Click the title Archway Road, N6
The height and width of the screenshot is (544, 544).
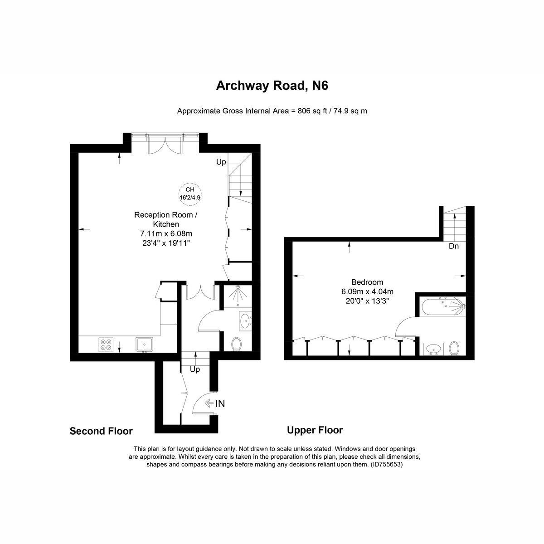[x=272, y=86]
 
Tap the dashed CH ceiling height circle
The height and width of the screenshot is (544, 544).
[x=190, y=194]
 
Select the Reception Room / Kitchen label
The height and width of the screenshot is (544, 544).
[x=166, y=219]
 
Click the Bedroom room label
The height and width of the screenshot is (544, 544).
[x=367, y=282]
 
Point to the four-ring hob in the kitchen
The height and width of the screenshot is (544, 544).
[x=107, y=345]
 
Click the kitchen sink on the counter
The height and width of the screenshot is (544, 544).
[x=145, y=345]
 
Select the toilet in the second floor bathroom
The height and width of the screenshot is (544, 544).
[x=236, y=344]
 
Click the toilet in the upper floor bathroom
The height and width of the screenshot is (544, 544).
[x=454, y=349]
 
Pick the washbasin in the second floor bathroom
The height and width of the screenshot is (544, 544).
[x=245, y=321]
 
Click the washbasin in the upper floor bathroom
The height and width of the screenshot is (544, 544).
[x=433, y=350]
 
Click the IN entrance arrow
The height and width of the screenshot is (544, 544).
[x=215, y=403]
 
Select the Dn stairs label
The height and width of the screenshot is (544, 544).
[x=454, y=246]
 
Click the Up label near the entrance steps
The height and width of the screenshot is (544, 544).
[x=195, y=369]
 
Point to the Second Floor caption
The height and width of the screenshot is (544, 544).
[x=101, y=431]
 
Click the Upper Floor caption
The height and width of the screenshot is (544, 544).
[x=315, y=430]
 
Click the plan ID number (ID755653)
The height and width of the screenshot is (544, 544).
[x=386, y=465]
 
